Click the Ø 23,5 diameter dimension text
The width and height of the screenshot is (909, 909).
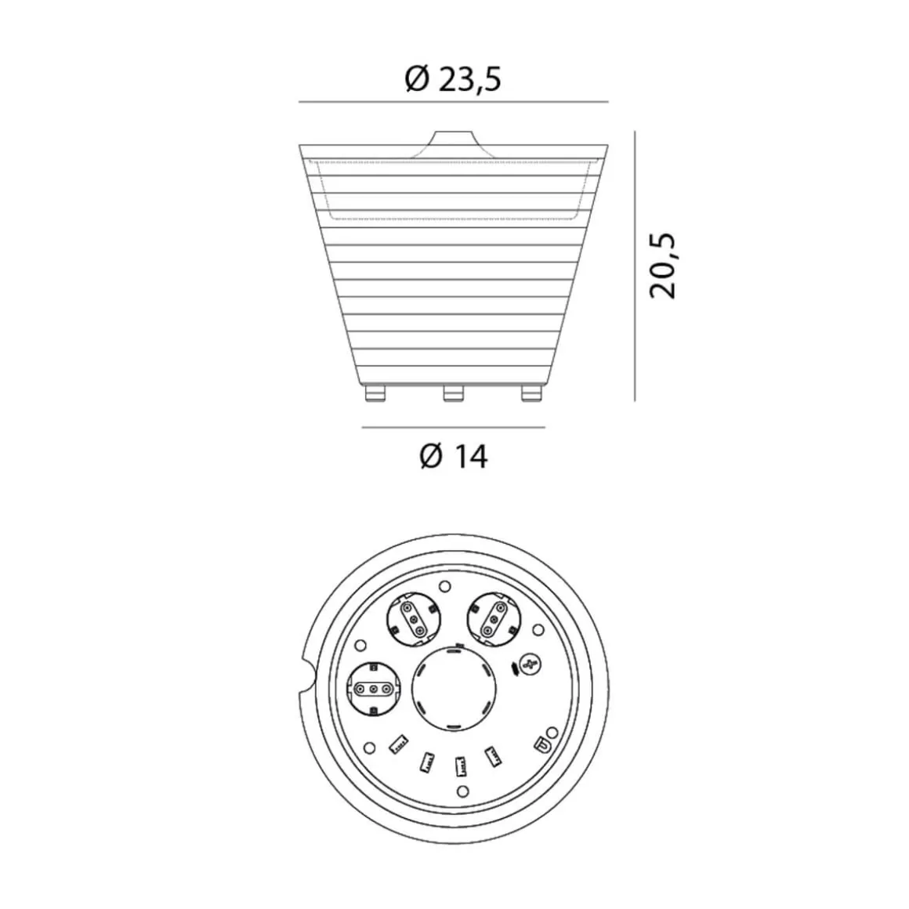[453, 79]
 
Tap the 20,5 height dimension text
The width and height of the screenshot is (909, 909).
[663, 266]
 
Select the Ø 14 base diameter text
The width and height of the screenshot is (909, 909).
[454, 456]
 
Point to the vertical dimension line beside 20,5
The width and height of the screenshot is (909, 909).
[635, 266]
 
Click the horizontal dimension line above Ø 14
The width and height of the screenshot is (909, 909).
[454, 427]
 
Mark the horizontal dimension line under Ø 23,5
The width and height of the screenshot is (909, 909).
[454, 101]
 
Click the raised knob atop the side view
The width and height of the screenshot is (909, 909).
[454, 144]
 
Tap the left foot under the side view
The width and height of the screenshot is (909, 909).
[375, 393]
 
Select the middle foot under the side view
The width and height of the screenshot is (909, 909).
[454, 393]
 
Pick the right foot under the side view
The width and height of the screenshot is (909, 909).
[531, 393]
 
